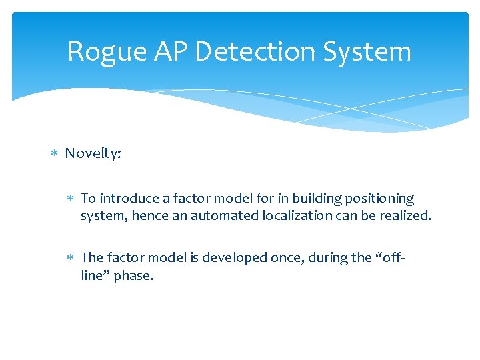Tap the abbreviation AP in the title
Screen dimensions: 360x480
click(175, 52)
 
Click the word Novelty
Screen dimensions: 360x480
click(93, 154)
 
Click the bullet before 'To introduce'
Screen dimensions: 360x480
click(71, 199)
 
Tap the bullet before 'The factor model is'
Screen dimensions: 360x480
click(71, 258)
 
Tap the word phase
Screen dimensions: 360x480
click(133, 275)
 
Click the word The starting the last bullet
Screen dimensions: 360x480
click(91, 258)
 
